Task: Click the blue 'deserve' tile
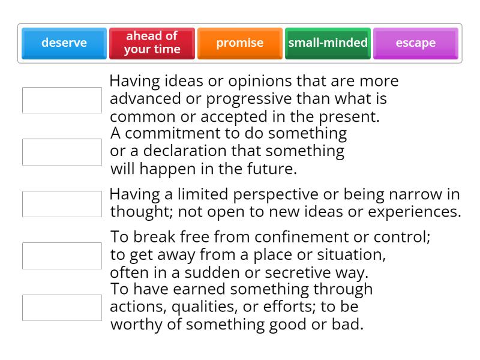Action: pos(64,43)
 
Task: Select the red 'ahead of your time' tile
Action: pos(152,43)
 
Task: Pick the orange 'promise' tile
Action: pos(240,43)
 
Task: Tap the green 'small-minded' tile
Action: pos(328,43)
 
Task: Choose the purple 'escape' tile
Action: pos(415,43)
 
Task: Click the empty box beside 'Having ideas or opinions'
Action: pos(62,100)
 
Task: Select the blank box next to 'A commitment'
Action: pos(62,152)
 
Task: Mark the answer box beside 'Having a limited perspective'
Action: pos(62,204)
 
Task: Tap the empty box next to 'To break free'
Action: pos(62,256)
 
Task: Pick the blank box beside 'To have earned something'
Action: pos(62,308)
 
